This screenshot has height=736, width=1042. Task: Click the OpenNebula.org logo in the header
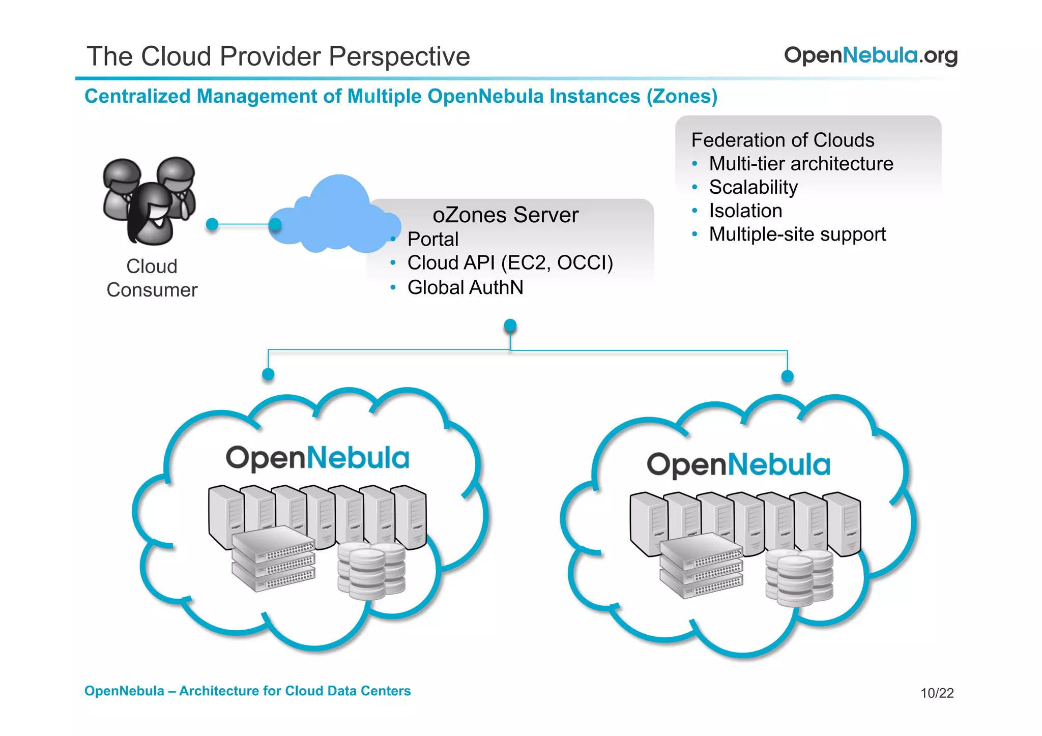[870, 55]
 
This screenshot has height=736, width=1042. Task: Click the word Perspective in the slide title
[399, 56]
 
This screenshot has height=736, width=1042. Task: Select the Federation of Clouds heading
[783, 140]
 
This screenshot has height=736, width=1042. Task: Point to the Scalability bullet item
[753, 187]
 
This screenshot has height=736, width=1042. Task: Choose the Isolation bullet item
[745, 211]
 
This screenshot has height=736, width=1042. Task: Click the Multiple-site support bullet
[797, 234]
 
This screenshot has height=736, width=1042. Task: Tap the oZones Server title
[505, 215]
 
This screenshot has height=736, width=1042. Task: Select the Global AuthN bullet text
[465, 287]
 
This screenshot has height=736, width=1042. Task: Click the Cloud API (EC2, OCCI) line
[510, 263]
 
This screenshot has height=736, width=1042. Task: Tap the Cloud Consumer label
[152, 278]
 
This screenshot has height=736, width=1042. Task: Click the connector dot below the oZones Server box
[510, 326]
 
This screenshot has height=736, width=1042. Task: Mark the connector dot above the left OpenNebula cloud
[268, 375]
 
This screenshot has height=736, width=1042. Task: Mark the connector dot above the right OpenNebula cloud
[787, 376]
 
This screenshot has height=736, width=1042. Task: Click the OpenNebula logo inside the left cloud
[317, 458]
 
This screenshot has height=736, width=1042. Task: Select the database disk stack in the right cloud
[799, 577]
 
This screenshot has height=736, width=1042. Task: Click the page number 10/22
[937, 693]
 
